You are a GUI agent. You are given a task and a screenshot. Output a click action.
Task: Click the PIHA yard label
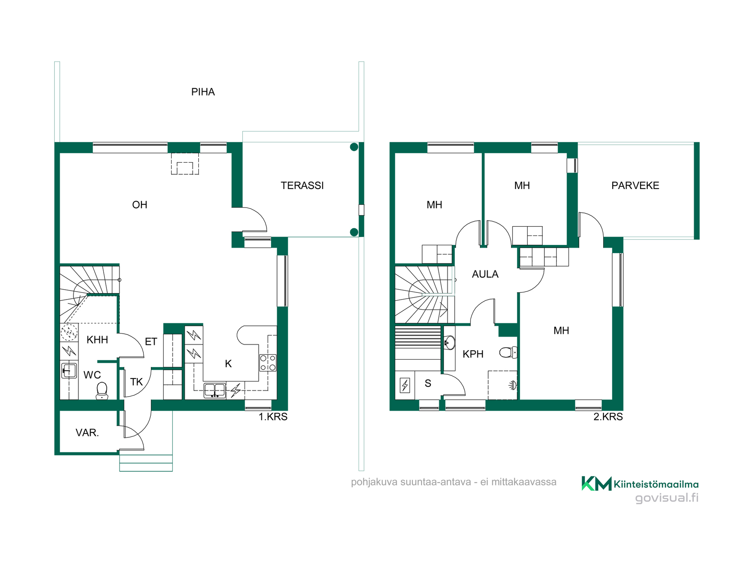click(x=203, y=92)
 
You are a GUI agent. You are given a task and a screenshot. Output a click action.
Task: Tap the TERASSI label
click(x=302, y=186)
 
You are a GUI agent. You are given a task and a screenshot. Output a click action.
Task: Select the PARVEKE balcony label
click(x=635, y=186)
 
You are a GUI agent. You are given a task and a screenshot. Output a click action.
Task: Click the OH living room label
click(x=139, y=205)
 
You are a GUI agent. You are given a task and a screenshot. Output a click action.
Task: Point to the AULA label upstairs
click(x=485, y=274)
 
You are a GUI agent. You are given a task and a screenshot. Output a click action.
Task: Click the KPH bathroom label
click(x=473, y=354)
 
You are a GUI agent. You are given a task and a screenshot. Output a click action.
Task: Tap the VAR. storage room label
click(x=87, y=433)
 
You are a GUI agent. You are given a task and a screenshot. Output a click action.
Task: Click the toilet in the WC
click(x=102, y=391)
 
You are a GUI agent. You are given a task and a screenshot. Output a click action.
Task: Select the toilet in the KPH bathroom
click(x=508, y=352)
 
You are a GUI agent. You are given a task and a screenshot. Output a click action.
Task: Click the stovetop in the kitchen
click(x=268, y=363)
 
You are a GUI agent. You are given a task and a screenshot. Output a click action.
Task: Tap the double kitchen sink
click(x=214, y=391)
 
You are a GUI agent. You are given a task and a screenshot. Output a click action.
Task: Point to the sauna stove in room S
click(x=405, y=385)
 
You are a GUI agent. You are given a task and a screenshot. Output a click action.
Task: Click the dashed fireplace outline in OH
click(x=185, y=164)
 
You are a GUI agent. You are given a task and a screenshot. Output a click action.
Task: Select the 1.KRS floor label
click(x=273, y=417)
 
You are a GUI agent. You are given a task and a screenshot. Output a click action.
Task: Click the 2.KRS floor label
click(x=608, y=417)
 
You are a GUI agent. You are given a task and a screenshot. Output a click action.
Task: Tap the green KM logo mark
click(x=597, y=483)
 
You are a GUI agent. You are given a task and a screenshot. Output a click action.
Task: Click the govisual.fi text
click(x=667, y=498)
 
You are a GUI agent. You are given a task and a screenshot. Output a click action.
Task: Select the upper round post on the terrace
click(x=354, y=147)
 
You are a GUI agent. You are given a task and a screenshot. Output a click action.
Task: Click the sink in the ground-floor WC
click(x=69, y=371)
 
